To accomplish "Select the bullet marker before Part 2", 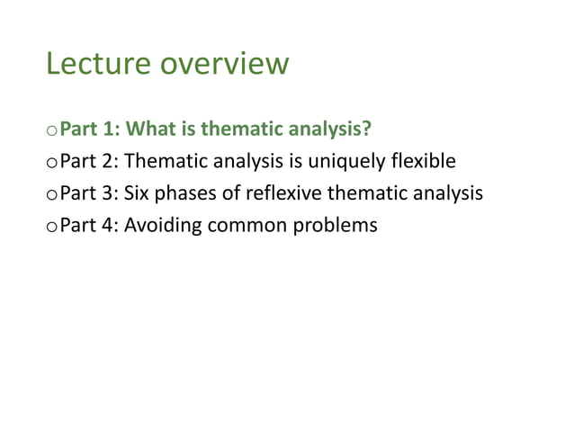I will [50, 164].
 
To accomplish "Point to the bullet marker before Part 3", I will [50, 194].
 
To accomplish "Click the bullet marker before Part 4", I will [50, 226].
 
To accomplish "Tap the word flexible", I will [424, 162].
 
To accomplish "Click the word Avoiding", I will [162, 225].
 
